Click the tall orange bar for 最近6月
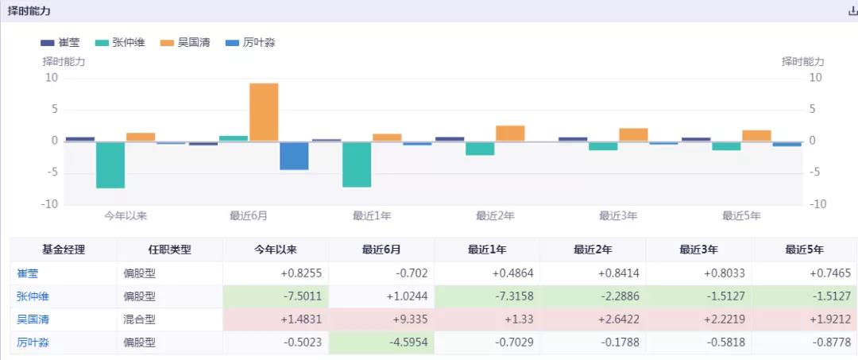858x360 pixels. (x=264, y=112)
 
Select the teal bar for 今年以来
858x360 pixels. (x=110, y=165)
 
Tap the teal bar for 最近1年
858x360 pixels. (x=357, y=164)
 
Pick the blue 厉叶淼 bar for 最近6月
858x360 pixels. (x=294, y=156)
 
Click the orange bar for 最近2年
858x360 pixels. (x=510, y=134)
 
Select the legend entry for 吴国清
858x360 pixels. (x=186, y=42)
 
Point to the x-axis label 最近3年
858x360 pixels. (x=618, y=215)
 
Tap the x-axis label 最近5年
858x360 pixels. (x=741, y=215)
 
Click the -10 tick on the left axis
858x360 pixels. (x=51, y=204)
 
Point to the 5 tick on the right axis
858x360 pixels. (x=814, y=110)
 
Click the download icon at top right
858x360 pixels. (x=852, y=11)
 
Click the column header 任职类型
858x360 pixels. (x=169, y=250)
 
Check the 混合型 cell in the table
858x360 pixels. (x=141, y=319)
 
